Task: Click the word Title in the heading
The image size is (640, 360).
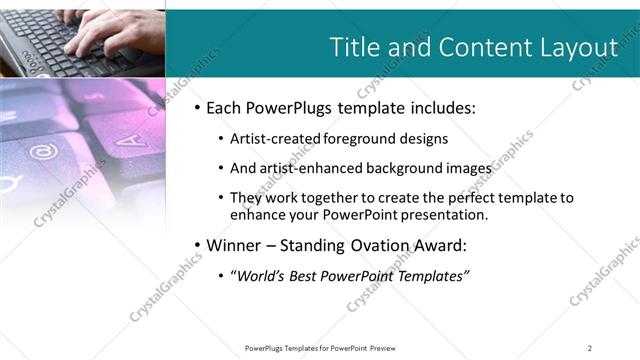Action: coord(355,47)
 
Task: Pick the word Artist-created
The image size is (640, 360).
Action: coord(278,139)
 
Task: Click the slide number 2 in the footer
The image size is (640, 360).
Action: coord(590,347)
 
